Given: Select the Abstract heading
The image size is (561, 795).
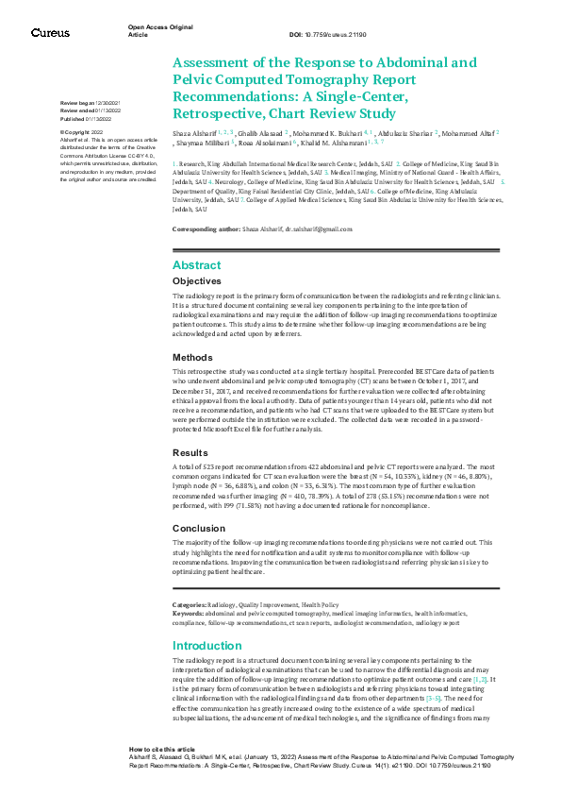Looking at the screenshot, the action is coord(196,265).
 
